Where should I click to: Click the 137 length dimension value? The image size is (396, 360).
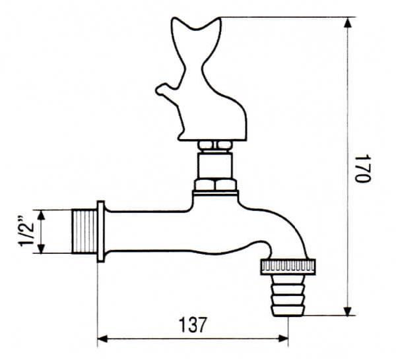pos(192,324)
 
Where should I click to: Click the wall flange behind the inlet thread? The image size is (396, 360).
pos(101,231)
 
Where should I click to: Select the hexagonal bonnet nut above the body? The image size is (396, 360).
pos(215,184)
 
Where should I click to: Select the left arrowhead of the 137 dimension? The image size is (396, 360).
pos(103,339)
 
